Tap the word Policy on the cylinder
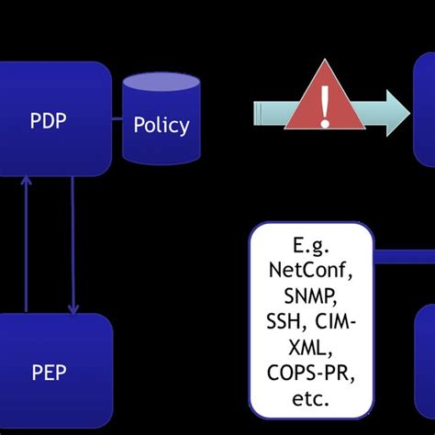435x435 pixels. (162, 125)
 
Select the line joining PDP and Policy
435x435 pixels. (117, 118)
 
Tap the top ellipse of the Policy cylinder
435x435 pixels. (161, 84)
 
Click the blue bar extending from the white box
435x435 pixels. (404, 256)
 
